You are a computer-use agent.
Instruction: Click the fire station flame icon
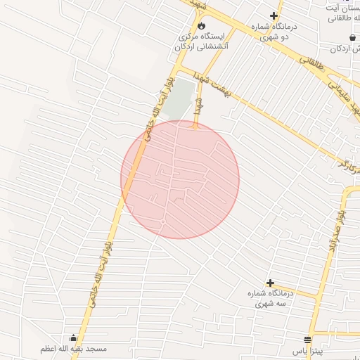click(x=202, y=25)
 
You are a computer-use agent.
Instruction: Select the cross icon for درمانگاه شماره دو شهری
click(x=274, y=16)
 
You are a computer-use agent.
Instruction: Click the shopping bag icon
click(x=352, y=37)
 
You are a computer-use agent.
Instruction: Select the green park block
click(x=181, y=98)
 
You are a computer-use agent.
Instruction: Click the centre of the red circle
click(x=180, y=179)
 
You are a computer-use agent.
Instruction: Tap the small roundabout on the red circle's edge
click(x=162, y=222)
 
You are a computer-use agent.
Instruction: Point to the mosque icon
click(x=72, y=338)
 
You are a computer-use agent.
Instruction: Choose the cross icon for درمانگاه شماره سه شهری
click(x=270, y=283)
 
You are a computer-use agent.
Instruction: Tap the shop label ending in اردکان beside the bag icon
click(x=347, y=49)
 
